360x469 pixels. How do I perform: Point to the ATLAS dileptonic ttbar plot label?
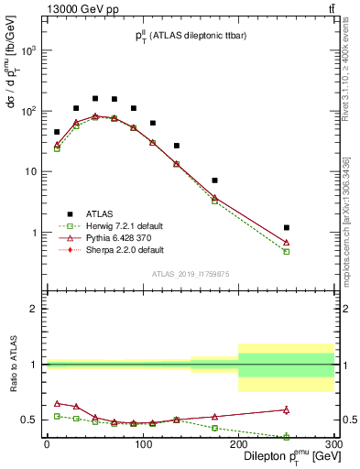click(x=189, y=36)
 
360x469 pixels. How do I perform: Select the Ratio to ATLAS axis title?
click(x=14, y=364)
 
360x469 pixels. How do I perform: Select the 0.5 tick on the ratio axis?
click(x=30, y=420)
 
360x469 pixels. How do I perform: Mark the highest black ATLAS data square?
click(x=95, y=98)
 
